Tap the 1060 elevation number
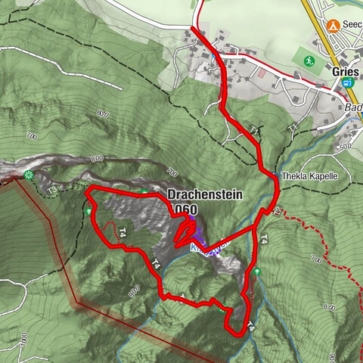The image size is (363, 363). (184, 209)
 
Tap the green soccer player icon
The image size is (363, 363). (309, 60)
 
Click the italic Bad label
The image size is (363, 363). (351, 108)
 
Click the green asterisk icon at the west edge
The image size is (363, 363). (29, 175)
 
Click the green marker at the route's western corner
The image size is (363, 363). (90, 211)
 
